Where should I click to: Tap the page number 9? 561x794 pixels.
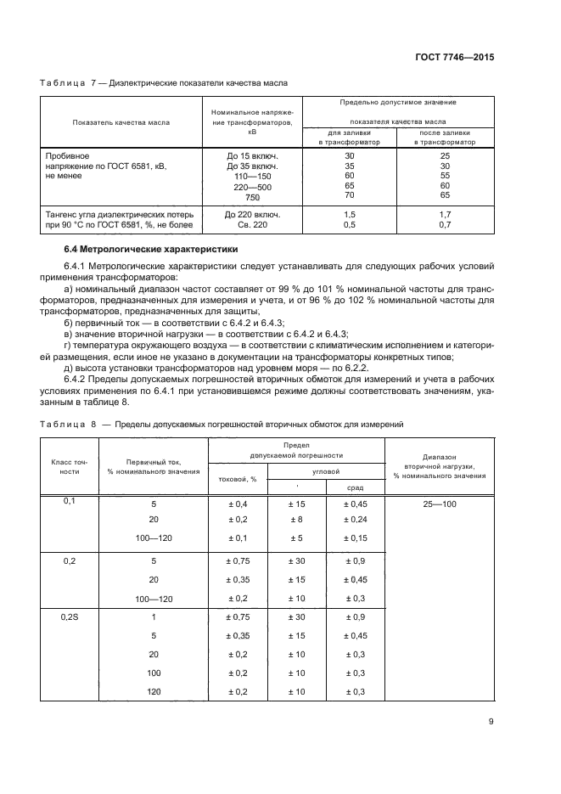491,723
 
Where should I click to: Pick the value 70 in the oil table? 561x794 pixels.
349,196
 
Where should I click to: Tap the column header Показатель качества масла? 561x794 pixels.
121,122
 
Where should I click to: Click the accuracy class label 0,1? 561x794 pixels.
70,502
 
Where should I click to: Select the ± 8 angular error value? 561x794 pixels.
296,519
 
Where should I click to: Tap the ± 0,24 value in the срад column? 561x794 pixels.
356,519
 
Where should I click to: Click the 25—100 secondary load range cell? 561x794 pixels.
439,504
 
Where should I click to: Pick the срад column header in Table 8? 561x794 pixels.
356,487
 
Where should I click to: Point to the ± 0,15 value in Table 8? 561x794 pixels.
356,539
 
